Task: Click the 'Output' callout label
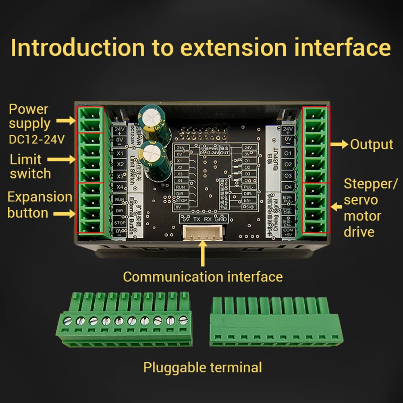[371, 144]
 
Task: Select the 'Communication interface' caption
[203, 277]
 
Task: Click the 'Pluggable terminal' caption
[203, 368]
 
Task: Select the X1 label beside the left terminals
[119, 154]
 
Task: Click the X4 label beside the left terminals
[119, 187]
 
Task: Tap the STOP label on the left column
[119, 222]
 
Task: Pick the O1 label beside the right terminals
[288, 154]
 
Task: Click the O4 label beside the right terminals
[288, 187]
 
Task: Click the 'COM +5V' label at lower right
[288, 232]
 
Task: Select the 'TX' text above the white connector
[197, 219]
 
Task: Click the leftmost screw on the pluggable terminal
[68, 321]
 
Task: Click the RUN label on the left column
[119, 199]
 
